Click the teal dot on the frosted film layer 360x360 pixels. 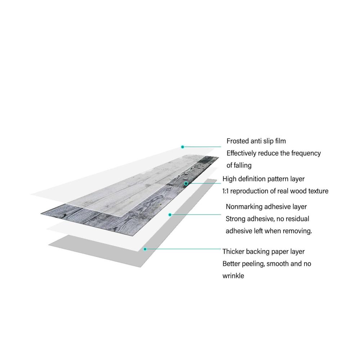(183, 147)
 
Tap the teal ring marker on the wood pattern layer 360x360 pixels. (186, 184)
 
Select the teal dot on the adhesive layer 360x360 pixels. (170, 215)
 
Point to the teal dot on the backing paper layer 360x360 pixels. (145, 249)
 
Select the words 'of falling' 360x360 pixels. (239, 165)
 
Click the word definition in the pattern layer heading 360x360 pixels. (252, 179)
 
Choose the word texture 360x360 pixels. (319, 191)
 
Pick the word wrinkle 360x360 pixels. (233, 276)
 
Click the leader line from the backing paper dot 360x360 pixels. (184, 249)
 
